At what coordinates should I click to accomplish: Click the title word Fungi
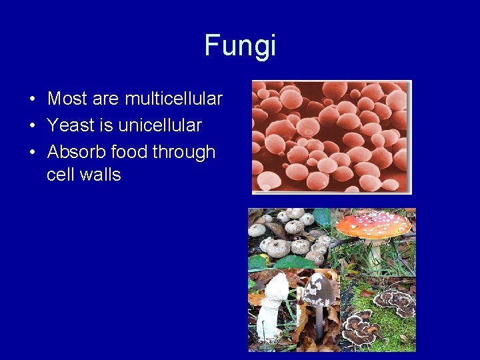pos(240,46)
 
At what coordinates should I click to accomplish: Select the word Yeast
pos(69,125)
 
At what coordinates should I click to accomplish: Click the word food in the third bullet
pos(130,152)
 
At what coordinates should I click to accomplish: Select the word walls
pos(99,175)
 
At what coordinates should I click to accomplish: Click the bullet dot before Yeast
pos(32,126)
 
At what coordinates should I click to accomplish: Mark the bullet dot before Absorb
pos(32,153)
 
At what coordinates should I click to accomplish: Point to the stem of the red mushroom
pos(377,251)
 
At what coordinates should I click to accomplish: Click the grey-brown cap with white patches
pos(318,289)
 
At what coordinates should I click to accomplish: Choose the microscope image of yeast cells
pos(331,137)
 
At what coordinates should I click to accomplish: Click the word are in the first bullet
pos(105,99)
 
